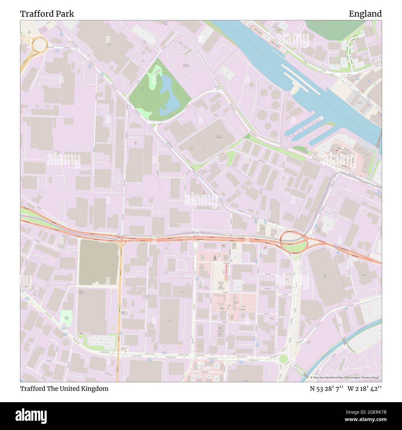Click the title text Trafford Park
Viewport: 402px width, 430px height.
(47, 14)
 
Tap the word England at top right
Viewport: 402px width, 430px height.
(365, 14)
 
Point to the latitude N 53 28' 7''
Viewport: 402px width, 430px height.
(327, 389)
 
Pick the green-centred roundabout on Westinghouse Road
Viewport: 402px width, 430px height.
(283, 359)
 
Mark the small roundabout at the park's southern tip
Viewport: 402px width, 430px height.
(153, 125)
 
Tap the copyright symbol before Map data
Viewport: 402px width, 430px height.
(311, 377)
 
